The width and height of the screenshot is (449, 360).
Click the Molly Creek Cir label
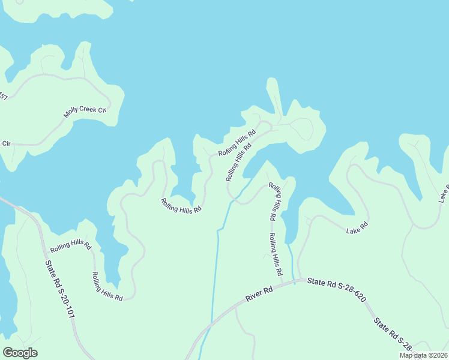pyautogui.click(x=85, y=112)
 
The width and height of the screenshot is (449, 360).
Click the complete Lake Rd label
pyautogui.click(x=356, y=227)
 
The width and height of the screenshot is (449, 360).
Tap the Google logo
pyautogui.click(x=20, y=352)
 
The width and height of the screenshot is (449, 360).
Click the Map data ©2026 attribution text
pyautogui.click(x=423, y=355)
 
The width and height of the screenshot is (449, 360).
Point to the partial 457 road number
pyautogui.click(x=3, y=97)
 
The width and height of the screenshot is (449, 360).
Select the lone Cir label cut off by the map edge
pyautogui.click(x=6, y=143)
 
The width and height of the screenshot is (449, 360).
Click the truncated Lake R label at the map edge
pyautogui.click(x=443, y=193)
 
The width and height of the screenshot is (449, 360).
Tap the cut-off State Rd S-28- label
pyautogui.click(x=393, y=334)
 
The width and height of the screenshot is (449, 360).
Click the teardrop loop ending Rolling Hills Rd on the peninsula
pyautogui.click(x=303, y=128)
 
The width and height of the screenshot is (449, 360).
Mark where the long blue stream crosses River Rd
pyautogui.click(x=211, y=324)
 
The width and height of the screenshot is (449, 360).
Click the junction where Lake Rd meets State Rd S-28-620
pyautogui.click(x=298, y=279)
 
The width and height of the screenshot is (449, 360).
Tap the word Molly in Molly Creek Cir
pyautogui.click(x=73, y=114)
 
